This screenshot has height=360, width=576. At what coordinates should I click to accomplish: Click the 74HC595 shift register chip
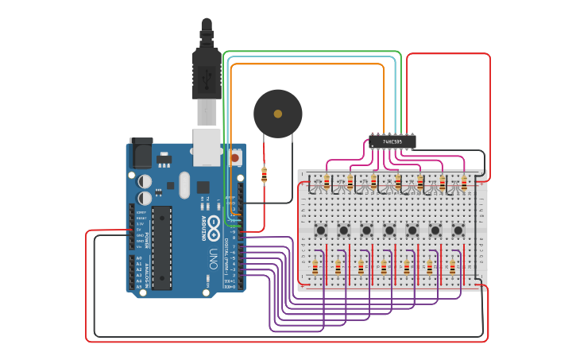(x=392, y=142)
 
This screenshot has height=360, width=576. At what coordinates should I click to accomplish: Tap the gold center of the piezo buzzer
(x=277, y=114)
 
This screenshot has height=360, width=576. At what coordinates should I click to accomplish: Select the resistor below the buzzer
(x=264, y=175)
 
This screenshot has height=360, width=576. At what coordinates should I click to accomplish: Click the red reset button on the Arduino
(x=235, y=157)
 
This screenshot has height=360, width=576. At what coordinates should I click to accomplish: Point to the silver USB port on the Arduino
(x=207, y=147)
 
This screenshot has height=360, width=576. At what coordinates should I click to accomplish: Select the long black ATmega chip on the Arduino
(x=161, y=246)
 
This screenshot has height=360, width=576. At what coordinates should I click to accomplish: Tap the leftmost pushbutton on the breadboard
(x=320, y=230)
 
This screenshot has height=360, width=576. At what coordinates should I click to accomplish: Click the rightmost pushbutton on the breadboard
(x=458, y=230)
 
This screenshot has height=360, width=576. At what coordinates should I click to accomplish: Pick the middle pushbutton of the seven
(x=389, y=230)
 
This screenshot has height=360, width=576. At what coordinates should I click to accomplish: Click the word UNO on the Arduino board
(x=213, y=258)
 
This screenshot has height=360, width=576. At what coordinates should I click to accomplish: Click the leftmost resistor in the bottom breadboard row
(x=315, y=267)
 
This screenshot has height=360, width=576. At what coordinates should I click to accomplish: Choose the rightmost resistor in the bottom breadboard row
(x=453, y=267)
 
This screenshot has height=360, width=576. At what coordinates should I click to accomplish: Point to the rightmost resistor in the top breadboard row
(x=464, y=184)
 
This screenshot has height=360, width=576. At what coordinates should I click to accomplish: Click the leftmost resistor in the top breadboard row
(x=327, y=184)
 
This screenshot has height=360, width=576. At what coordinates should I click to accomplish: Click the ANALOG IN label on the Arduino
(x=146, y=273)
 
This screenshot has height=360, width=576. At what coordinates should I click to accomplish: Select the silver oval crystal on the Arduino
(x=184, y=186)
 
